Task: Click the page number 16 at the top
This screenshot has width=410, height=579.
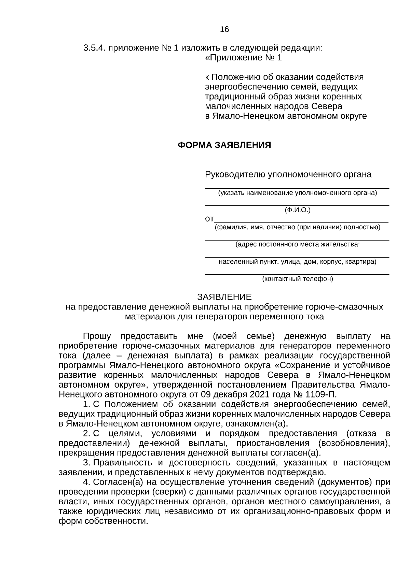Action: click(224, 29)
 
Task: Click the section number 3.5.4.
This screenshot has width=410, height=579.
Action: click(94, 48)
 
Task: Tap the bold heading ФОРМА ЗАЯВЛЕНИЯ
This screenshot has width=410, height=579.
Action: click(224, 145)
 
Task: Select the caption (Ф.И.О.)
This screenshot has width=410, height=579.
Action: click(297, 210)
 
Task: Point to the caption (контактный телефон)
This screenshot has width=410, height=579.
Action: click(297, 279)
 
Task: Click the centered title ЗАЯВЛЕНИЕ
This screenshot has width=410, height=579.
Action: click(224, 297)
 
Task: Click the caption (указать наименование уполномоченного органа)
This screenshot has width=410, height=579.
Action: click(297, 193)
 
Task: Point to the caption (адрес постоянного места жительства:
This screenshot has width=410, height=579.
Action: click(297, 245)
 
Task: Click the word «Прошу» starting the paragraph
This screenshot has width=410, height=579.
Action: click(97, 336)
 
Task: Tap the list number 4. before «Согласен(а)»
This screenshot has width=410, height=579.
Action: click(87, 482)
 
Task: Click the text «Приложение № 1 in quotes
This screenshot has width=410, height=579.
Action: click(243, 58)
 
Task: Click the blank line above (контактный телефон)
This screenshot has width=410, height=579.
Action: click(297, 274)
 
